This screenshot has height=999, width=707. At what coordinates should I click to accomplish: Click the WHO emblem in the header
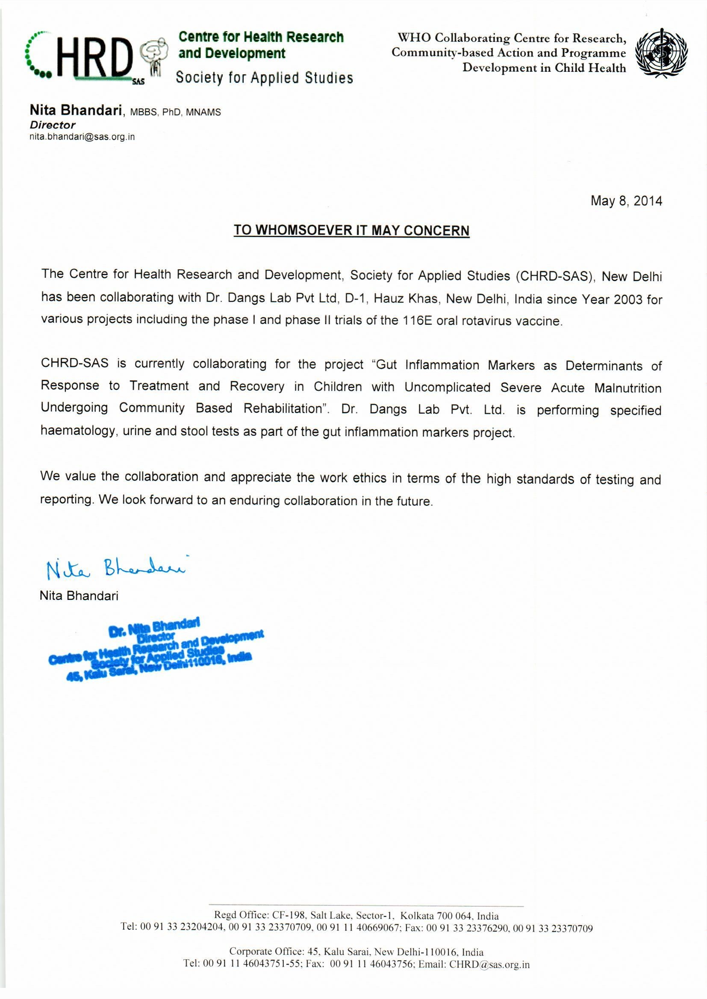coord(662,53)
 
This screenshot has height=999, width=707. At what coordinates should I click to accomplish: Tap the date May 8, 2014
coord(626,201)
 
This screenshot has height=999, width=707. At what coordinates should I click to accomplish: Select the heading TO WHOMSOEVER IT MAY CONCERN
coord(351,230)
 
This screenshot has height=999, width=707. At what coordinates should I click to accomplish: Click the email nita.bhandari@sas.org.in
coord(82,137)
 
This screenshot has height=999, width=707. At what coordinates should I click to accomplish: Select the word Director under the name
coord(53,125)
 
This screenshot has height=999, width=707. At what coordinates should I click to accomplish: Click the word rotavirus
coord(487,321)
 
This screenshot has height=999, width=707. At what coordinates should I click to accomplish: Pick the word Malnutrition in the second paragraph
coord(628,388)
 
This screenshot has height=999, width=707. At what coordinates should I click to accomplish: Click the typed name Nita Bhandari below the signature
coord(79,596)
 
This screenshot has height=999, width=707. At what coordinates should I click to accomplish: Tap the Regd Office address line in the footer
coord(356,915)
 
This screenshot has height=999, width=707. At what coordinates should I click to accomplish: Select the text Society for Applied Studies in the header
coord(264,78)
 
